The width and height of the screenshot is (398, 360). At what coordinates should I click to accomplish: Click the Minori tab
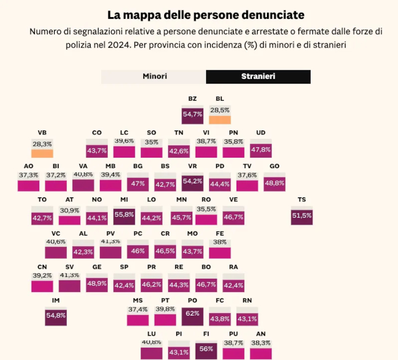pos(154,77)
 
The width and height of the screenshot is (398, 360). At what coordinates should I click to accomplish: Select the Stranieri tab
pos(258,77)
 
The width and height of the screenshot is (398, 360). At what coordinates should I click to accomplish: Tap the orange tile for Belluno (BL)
pos(219,119)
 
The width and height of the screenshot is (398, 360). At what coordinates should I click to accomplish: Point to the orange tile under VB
pos(42,153)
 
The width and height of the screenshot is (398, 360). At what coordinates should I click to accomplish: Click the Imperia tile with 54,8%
pos(56,316)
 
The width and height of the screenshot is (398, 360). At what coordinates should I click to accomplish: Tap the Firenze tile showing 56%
pos(206,349)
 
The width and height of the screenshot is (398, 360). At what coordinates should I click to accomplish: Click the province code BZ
pos(192,99)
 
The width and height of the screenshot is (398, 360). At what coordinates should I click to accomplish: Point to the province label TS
pos(301,200)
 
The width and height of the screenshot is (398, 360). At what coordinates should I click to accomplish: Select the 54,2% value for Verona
pos(192,181)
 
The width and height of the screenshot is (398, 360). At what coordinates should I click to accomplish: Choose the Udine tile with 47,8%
pos(261,149)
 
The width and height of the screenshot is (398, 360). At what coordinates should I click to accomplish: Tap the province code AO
pos(29,166)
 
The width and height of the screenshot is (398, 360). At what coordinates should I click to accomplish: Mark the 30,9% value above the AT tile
pos(70,210)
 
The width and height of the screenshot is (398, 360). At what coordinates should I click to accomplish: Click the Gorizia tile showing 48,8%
pos(274,183)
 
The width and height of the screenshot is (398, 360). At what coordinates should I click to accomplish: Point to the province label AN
pos(261,334)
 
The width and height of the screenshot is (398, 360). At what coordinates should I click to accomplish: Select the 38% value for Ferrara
pos(219,242)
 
